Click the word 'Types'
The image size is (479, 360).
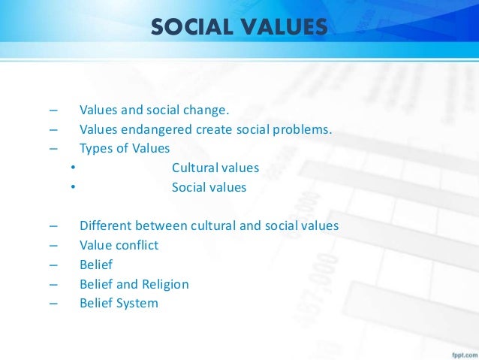click(x=95, y=148)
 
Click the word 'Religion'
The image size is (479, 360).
click(x=165, y=284)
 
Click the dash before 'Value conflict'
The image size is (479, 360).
click(x=53, y=245)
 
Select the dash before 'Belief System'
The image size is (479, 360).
click(x=53, y=304)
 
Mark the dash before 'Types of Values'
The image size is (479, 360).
click(x=53, y=148)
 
